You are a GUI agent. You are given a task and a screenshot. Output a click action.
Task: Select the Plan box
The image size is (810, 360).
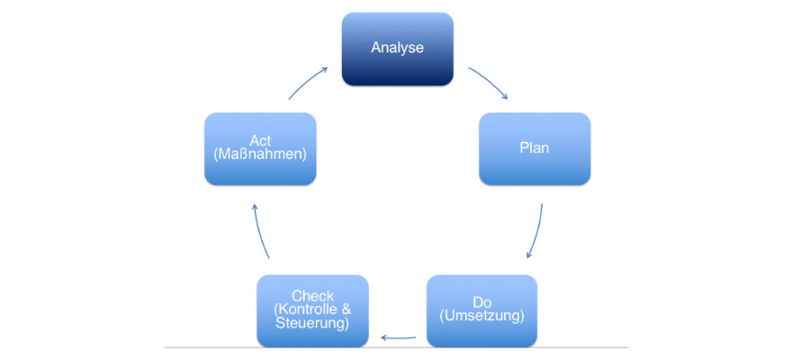tap(535, 148)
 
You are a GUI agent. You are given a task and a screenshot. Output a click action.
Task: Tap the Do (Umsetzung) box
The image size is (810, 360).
tap(481, 310)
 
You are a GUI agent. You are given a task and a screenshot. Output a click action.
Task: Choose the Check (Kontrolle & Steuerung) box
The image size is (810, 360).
tap(312, 310)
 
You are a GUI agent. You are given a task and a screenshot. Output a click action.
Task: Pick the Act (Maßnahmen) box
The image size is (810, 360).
tap(260, 148)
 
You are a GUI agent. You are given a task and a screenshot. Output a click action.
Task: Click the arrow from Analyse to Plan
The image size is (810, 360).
tap(488, 82)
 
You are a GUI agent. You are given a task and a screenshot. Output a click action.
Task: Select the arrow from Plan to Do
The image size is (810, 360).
tap(536, 229)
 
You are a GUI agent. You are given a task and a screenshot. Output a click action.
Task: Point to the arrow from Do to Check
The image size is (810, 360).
tap(398, 338)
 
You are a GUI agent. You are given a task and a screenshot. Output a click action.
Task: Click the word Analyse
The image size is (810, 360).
tap(397, 47)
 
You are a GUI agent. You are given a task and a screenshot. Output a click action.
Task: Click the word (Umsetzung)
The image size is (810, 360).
tap(481, 317)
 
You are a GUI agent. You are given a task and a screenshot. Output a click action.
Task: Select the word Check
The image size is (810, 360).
tap(313, 296)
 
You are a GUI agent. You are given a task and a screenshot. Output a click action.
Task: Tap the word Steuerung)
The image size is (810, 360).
tap(313, 323)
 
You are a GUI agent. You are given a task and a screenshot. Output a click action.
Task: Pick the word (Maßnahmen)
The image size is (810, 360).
tap(260, 155)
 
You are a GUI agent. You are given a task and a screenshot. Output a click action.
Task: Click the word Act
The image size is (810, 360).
tap(260, 141)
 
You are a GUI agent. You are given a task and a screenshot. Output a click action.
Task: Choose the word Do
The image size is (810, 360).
tap(481, 302)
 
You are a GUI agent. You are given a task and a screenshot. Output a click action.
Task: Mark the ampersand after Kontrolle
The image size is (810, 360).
tap(347, 310)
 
